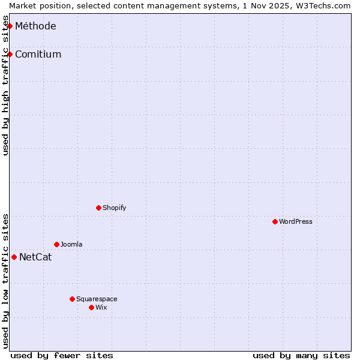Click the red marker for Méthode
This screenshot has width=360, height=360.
point(10,26)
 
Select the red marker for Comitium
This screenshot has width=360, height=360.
point(10,54)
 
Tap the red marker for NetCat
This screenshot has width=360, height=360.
point(14,257)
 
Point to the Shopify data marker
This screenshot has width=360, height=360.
point(98,208)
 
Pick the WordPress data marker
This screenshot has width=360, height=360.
point(275,221)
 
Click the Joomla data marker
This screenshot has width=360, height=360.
point(56,244)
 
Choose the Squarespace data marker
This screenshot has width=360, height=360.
point(72,299)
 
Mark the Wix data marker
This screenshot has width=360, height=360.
point(91,307)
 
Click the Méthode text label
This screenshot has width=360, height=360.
point(35,26)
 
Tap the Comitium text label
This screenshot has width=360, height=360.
point(38,54)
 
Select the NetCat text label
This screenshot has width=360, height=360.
point(35,257)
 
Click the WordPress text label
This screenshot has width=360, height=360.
point(296,221)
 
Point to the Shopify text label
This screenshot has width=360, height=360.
point(115,208)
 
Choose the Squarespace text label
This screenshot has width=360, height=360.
point(97,299)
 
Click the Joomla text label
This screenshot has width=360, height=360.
point(71,244)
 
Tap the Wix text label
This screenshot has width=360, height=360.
point(101,307)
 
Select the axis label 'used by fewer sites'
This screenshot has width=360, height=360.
point(62,355)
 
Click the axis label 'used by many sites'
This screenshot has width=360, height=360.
point(301,355)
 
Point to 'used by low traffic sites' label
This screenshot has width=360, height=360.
point(5,281)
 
